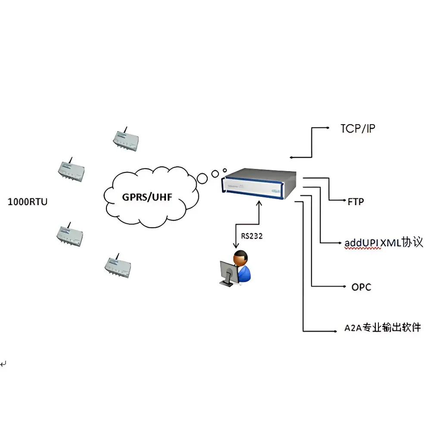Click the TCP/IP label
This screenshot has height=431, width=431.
click(357, 128)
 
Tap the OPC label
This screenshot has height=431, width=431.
click(361, 287)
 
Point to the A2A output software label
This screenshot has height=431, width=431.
click(382, 328)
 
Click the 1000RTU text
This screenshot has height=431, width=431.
click(28, 201)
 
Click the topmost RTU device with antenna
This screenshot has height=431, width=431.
click(125, 141)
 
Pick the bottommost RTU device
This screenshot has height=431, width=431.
click(118, 266)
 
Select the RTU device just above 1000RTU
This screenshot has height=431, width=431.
click(72, 171)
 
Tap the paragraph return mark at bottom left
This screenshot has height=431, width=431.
click(3, 364)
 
